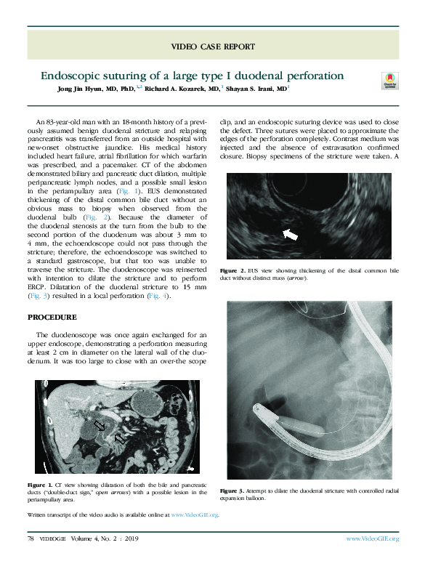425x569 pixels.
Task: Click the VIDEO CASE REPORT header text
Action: (212, 47)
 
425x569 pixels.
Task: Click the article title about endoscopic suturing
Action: (192, 76)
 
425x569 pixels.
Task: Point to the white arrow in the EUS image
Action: (291, 234)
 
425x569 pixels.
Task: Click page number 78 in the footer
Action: (31, 538)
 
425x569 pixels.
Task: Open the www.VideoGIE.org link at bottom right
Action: (372, 538)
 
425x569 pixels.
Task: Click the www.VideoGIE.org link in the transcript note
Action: (193, 514)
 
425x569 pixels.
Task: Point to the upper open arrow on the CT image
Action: (99, 424)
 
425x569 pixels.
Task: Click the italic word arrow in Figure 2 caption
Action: (296, 278)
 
